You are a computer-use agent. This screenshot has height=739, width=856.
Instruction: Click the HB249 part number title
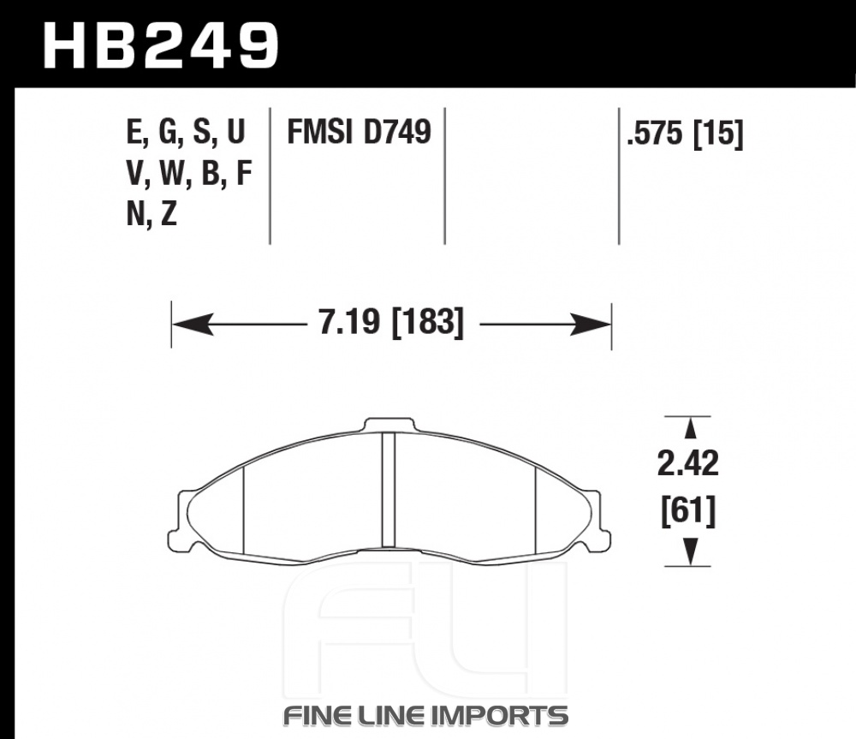click(162, 45)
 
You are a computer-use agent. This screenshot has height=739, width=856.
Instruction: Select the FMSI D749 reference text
click(360, 132)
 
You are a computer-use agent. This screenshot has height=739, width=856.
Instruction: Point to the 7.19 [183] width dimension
click(391, 322)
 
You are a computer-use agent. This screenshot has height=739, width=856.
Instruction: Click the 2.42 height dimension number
click(688, 464)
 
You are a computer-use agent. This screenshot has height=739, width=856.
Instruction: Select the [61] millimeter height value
click(688, 511)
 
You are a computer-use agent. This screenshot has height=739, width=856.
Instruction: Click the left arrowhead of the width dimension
click(192, 325)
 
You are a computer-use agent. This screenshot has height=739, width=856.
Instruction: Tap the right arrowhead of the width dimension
click(591, 325)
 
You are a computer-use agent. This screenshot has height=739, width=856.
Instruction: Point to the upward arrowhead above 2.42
click(691, 427)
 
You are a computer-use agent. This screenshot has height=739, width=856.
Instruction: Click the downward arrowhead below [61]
click(691, 552)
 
